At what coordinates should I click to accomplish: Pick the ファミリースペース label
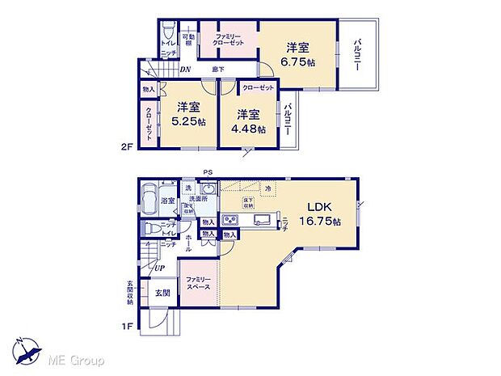click(198, 283)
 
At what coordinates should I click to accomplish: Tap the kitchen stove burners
click(229, 220)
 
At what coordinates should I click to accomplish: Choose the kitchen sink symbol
click(262, 220)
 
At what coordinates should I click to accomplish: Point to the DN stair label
click(185, 70)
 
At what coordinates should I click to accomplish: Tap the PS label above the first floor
click(208, 171)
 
